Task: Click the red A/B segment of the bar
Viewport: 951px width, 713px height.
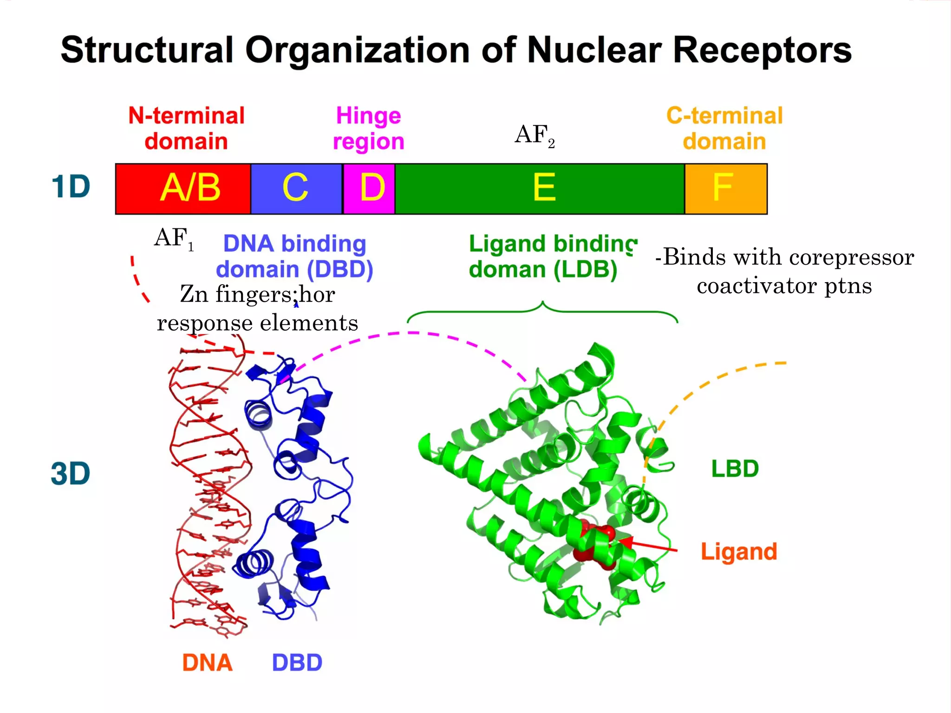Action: point(183,188)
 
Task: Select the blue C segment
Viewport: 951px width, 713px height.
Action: point(296,188)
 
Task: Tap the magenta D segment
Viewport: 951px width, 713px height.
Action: point(369,188)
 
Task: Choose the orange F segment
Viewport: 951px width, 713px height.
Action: point(726,188)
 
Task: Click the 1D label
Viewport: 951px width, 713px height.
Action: point(71,187)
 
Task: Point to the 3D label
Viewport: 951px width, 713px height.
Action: point(71,474)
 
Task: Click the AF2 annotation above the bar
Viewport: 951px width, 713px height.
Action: point(534,135)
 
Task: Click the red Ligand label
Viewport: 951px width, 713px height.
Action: point(738,552)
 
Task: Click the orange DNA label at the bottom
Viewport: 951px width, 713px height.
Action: point(207,662)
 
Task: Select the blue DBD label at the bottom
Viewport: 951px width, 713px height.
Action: point(297,662)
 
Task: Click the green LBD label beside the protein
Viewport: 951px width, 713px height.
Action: point(735,469)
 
